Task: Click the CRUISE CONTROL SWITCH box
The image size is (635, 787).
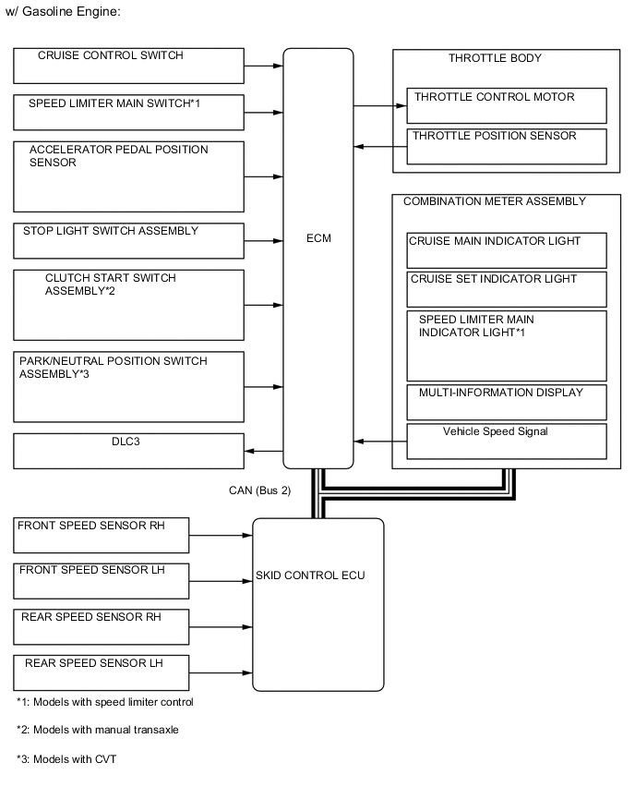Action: [129, 66]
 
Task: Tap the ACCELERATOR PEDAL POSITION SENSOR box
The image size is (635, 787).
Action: [129, 176]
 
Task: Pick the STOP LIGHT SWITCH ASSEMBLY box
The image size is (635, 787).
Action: [129, 240]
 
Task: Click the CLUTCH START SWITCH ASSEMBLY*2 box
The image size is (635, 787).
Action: [129, 304]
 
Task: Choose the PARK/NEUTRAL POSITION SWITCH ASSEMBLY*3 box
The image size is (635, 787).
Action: [129, 385]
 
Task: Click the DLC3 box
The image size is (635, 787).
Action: [129, 451]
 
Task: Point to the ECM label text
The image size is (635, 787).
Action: [318, 238]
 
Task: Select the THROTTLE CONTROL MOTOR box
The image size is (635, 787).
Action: [507, 105]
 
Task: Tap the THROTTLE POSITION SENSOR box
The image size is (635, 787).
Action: [507, 146]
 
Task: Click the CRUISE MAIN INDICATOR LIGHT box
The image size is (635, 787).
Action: [507, 249]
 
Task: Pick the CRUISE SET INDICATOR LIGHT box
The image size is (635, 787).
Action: [507, 288]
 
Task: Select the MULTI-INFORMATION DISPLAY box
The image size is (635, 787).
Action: [507, 402]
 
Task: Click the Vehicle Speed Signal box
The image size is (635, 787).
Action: [507, 441]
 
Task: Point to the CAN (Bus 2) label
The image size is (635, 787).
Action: [259, 490]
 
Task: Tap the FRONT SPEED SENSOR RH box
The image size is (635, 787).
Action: [102, 535]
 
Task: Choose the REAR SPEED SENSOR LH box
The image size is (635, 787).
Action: [102, 672]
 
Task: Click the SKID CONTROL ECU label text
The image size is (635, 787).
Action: [310, 575]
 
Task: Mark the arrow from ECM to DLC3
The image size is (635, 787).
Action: [264, 451]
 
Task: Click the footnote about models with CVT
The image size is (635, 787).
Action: [66, 758]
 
